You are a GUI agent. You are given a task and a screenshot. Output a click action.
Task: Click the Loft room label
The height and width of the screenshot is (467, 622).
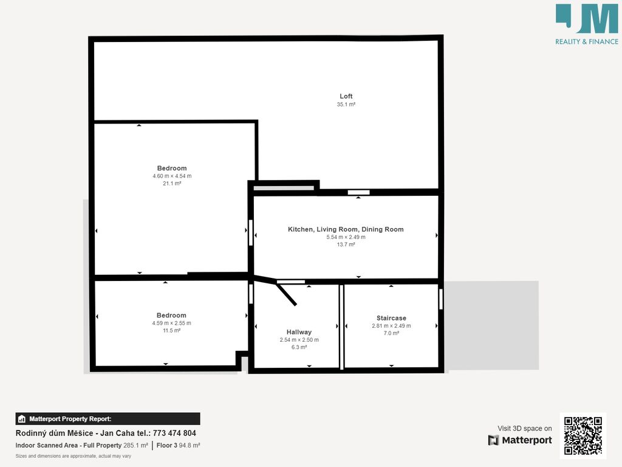[346, 96]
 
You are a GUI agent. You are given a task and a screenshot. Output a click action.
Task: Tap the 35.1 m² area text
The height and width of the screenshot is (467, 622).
[346, 105]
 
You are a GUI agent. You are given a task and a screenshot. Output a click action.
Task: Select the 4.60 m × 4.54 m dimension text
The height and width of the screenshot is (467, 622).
[172, 176]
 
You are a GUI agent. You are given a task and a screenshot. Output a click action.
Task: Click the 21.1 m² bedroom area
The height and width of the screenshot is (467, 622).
[172, 184]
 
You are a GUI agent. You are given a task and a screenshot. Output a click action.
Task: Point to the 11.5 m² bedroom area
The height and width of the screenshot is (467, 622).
[171, 330]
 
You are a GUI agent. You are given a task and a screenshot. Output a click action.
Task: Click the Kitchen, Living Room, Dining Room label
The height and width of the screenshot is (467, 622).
[346, 229]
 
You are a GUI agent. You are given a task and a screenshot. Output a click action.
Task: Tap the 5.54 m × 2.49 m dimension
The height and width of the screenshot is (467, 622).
[346, 237]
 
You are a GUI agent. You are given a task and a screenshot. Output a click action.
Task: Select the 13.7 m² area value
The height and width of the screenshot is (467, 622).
[346, 244]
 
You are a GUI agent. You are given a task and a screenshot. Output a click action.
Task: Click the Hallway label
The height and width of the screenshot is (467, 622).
[299, 332]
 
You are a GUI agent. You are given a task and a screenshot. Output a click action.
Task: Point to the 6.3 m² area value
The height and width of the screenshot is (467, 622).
[299, 347]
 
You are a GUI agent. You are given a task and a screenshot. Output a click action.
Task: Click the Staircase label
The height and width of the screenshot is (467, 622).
[391, 318]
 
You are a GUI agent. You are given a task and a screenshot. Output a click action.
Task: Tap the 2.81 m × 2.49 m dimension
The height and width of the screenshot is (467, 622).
[391, 326]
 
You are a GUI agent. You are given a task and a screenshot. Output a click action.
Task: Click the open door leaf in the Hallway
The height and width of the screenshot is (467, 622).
[285, 294]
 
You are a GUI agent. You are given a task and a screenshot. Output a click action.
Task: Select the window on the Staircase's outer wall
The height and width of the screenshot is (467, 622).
[441, 299]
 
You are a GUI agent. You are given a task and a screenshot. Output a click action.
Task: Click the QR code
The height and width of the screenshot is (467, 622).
[583, 435]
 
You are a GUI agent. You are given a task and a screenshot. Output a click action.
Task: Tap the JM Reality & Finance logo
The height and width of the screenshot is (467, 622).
[587, 24]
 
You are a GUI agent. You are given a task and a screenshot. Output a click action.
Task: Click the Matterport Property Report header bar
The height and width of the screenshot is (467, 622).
[108, 419]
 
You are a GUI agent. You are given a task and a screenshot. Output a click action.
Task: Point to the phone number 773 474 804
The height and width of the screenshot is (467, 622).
[174, 433]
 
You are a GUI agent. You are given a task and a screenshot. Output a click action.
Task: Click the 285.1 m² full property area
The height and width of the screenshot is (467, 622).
[135, 446]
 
